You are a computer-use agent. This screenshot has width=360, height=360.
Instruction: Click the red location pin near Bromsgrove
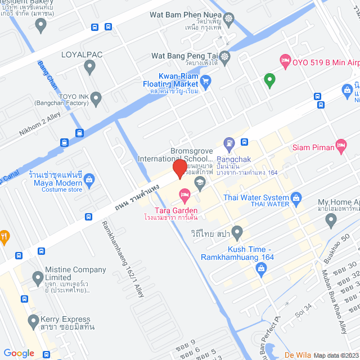[x=179, y=168]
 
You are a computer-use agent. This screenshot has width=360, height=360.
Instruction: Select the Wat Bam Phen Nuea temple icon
[x=228, y=19]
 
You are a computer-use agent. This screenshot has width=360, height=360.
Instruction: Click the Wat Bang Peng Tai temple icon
[x=225, y=56]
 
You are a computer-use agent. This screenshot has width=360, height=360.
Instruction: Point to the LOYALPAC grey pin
[x=89, y=67]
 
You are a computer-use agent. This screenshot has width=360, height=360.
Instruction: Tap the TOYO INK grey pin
[x=96, y=100]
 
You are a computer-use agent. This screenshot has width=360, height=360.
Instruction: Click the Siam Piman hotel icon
[x=340, y=145]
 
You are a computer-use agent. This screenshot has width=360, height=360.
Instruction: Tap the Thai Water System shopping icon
[x=296, y=197]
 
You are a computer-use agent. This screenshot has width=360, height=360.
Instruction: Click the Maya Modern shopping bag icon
[x=89, y=179]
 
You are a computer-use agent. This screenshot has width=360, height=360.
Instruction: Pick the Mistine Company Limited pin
[x=38, y=277]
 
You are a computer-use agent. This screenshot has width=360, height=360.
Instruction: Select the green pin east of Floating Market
[x=269, y=80]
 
